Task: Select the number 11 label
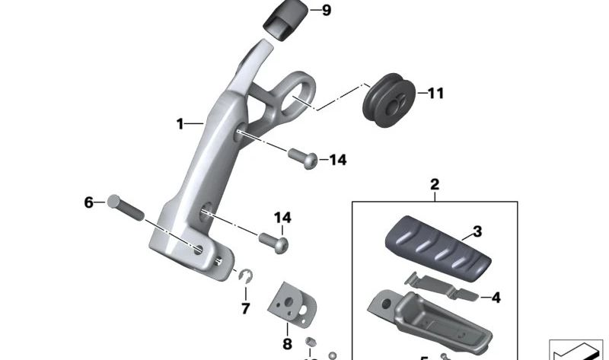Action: (x=435, y=94)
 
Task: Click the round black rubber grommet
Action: (x=391, y=97)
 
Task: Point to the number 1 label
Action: (x=181, y=123)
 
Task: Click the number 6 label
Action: (x=88, y=202)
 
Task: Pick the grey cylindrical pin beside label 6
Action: (x=126, y=206)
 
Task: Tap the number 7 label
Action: (x=245, y=308)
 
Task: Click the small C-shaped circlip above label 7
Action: (x=246, y=278)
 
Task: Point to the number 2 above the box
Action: (x=435, y=184)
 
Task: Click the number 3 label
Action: (x=477, y=231)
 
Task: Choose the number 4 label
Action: (x=496, y=298)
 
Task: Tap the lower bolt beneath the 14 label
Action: (x=274, y=242)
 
